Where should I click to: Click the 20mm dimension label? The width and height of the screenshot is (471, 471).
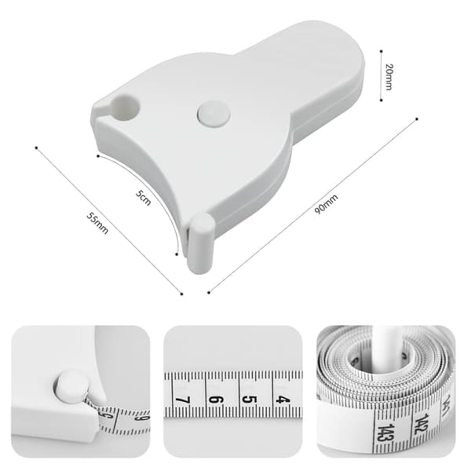[x=389, y=77]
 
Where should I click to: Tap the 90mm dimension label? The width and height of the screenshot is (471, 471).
[x=327, y=204]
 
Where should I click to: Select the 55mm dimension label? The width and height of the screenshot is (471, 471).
[x=97, y=223]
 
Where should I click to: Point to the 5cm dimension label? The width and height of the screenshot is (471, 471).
[x=143, y=198]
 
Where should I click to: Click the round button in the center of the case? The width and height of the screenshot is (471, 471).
[x=214, y=114]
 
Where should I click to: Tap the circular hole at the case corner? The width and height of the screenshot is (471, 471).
[x=126, y=107]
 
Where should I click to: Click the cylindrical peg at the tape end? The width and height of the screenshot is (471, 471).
[x=201, y=243]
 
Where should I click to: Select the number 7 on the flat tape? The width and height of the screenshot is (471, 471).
[x=183, y=400]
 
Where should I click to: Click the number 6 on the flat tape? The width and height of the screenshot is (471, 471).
[x=216, y=400]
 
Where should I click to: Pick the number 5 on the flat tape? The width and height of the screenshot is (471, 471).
[x=249, y=400]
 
